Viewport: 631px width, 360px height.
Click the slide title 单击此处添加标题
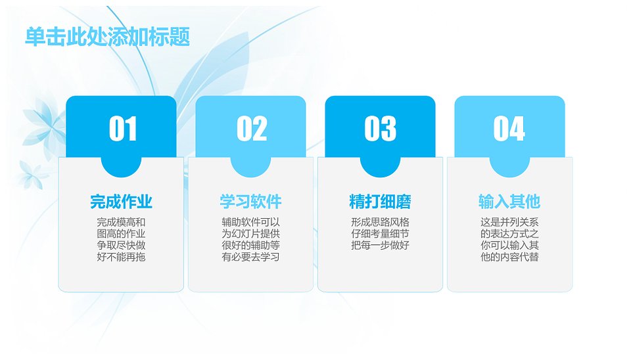[107, 37]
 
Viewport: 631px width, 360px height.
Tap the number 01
[123, 129]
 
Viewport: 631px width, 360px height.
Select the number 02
[252, 129]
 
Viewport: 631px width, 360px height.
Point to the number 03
[381, 129]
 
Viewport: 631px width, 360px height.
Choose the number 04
[509, 129]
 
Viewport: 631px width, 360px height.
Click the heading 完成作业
[121, 202]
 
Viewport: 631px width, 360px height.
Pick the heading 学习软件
[250, 202]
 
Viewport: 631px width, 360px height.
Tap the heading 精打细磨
[381, 202]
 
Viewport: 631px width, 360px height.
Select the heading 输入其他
[509, 202]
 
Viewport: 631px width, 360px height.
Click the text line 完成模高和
[121, 222]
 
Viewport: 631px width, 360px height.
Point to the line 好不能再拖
[121, 257]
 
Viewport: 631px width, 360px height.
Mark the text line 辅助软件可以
[250, 222]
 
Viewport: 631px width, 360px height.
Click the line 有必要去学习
[250, 257]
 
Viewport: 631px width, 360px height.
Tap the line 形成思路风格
[381, 222]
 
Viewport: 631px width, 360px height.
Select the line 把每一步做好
[381, 245]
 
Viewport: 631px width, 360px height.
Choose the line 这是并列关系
[509, 222]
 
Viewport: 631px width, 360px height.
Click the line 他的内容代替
[509, 257]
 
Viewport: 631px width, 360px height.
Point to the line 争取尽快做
[121, 245]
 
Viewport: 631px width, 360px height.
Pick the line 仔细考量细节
[381, 234]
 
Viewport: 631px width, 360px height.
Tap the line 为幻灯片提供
[250, 234]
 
